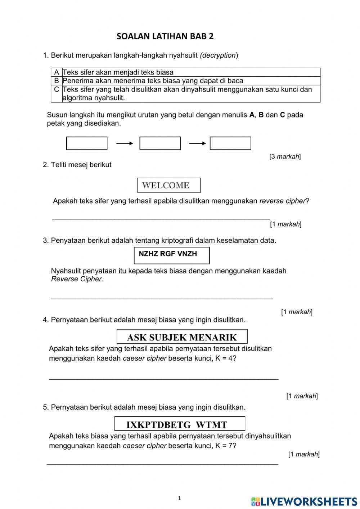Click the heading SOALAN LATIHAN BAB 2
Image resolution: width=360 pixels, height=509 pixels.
click(x=165, y=36)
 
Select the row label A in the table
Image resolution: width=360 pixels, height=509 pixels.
click(x=57, y=72)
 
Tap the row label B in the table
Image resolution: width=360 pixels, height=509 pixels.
click(x=57, y=81)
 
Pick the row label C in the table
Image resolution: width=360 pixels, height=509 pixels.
click(x=57, y=89)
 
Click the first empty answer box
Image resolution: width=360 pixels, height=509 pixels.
click(x=87, y=143)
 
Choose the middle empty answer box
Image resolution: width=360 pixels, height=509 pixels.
click(x=160, y=143)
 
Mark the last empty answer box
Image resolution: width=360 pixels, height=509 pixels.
click(x=230, y=143)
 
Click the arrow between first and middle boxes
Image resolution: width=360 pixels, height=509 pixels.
click(x=125, y=143)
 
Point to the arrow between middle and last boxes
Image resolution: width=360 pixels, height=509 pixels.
click(x=197, y=143)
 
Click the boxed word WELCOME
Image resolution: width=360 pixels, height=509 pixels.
click(x=169, y=185)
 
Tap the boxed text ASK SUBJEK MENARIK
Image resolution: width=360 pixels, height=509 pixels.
click(x=182, y=337)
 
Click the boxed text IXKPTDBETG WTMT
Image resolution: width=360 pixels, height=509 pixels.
click(x=180, y=424)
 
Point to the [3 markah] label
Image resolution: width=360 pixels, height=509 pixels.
click(x=285, y=157)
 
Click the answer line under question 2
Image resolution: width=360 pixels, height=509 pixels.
click(x=161, y=218)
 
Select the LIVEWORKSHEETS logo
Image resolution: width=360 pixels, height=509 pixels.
click(x=304, y=501)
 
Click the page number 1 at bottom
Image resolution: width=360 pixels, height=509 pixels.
click(x=179, y=499)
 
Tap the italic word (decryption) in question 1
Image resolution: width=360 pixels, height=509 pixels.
click(x=219, y=55)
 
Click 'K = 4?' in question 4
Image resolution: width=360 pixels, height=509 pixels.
click(x=226, y=358)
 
